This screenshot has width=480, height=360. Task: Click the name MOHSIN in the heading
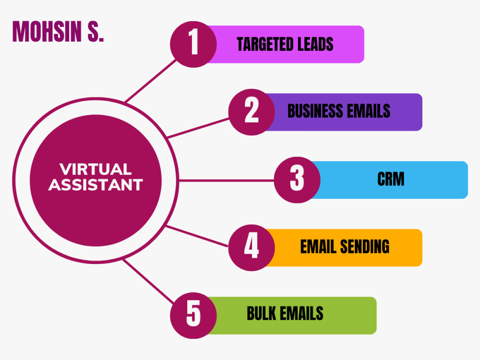47,32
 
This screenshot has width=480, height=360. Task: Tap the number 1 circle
193,44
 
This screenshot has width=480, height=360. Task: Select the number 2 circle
252,112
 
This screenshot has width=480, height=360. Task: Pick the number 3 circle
297,180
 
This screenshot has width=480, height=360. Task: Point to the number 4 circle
252,248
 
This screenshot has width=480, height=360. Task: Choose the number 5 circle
193,316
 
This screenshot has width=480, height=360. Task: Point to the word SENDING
365,247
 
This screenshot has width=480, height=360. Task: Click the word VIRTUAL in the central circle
96,169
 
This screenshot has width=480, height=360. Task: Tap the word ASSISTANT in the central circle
96,185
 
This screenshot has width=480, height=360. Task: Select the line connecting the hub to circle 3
226,180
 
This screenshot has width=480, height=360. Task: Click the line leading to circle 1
151,81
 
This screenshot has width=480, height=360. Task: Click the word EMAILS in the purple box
369,111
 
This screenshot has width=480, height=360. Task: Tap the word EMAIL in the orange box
318,247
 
